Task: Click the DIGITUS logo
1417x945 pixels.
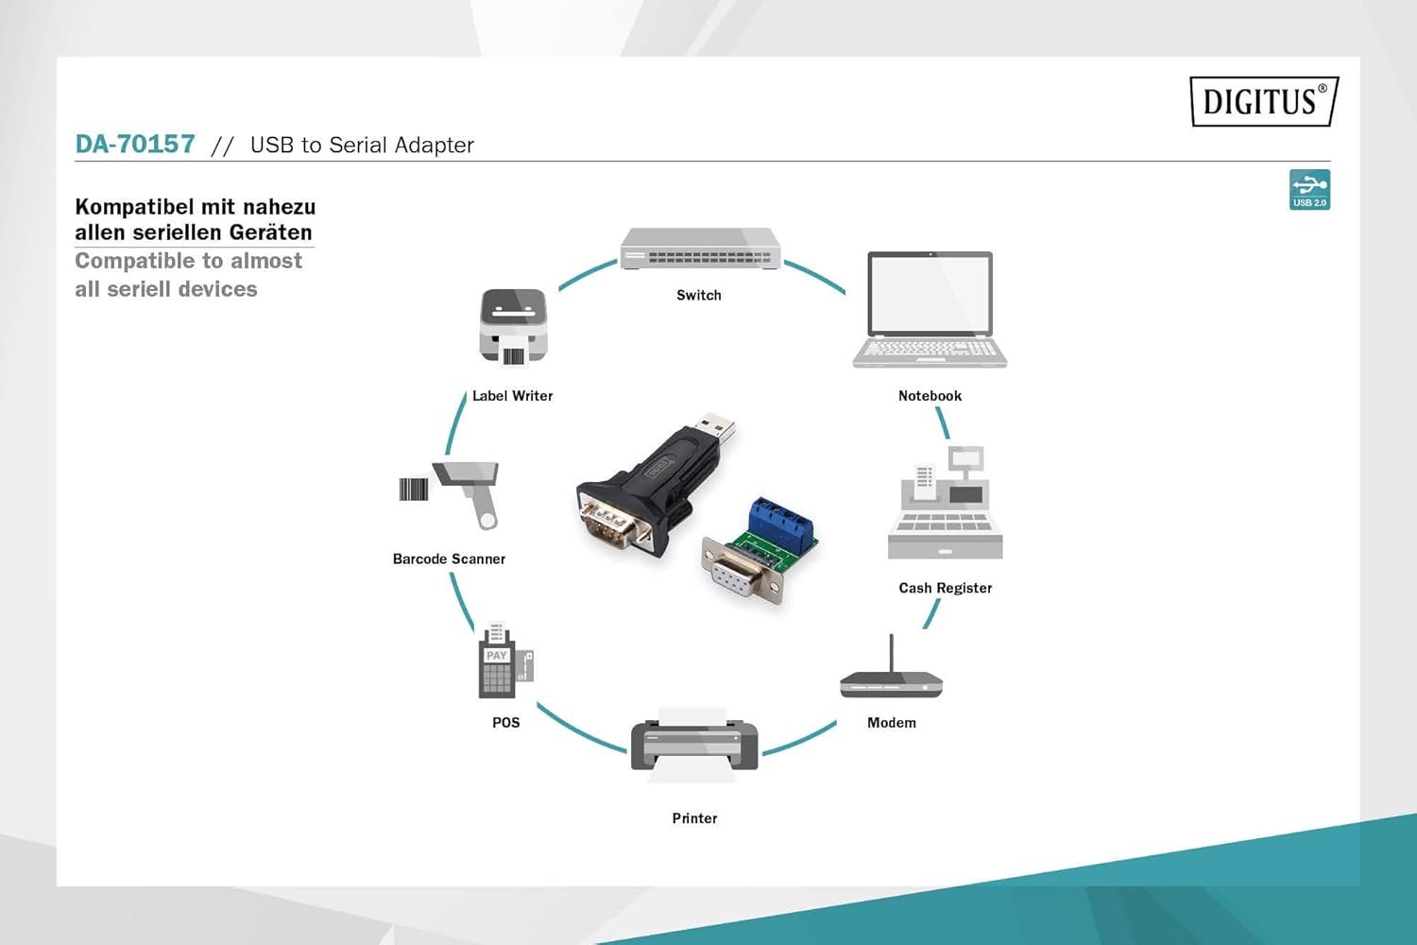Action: pos(1264,101)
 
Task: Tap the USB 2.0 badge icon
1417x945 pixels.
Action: pos(1309,189)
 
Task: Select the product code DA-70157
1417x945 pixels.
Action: pos(135,145)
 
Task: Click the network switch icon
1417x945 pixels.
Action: pos(700,249)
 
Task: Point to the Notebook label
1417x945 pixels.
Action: pos(930,396)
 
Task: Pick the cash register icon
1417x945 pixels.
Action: pos(945,506)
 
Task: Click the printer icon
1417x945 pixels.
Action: pos(694,746)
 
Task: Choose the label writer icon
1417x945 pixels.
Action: pos(513,326)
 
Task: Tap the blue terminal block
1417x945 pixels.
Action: pos(780,524)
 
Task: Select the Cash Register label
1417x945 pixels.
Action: pos(945,588)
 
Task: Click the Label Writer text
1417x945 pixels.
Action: pos(512,396)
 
